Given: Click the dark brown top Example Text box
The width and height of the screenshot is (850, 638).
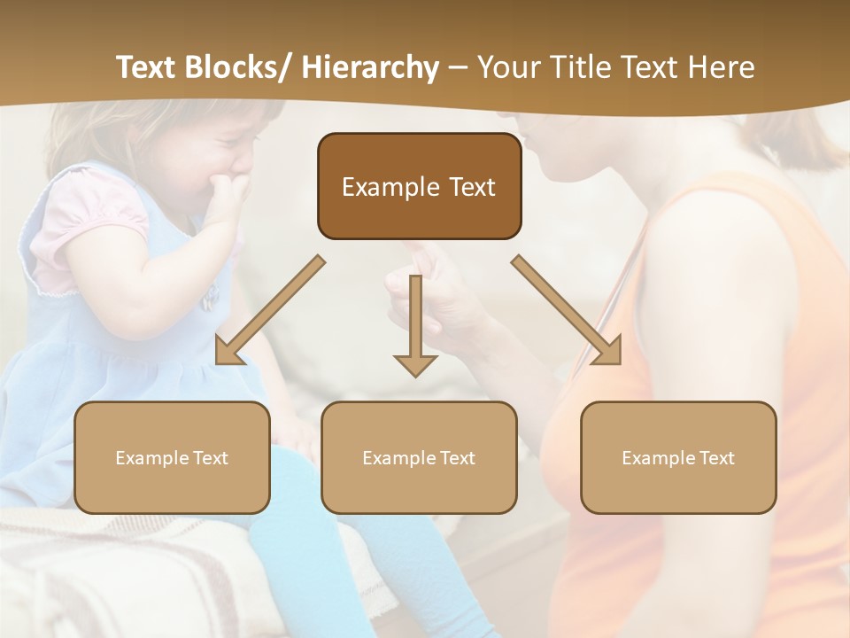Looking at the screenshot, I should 419,186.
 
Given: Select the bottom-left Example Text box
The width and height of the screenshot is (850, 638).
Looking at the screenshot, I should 172,457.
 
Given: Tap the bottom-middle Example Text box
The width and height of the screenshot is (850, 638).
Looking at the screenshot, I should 419,457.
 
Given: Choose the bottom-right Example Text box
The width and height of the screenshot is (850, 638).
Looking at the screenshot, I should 678,457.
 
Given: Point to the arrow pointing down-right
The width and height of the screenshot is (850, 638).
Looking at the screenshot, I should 567,310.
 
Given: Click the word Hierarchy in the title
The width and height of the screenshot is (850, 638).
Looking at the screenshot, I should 370,67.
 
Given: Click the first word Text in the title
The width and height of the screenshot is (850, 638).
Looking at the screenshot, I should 145,67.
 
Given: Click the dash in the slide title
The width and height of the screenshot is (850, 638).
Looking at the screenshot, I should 458,67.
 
